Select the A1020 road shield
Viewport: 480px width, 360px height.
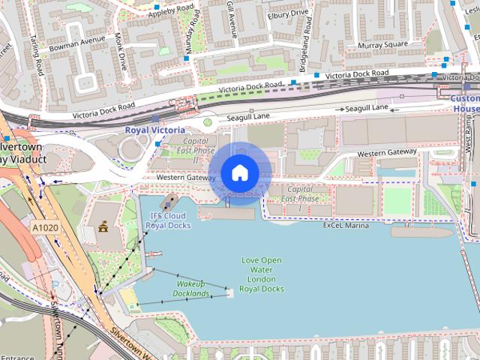45,225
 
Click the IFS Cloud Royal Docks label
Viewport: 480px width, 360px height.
168,220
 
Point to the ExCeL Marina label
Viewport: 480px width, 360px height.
346,225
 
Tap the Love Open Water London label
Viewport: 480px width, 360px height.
262,274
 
